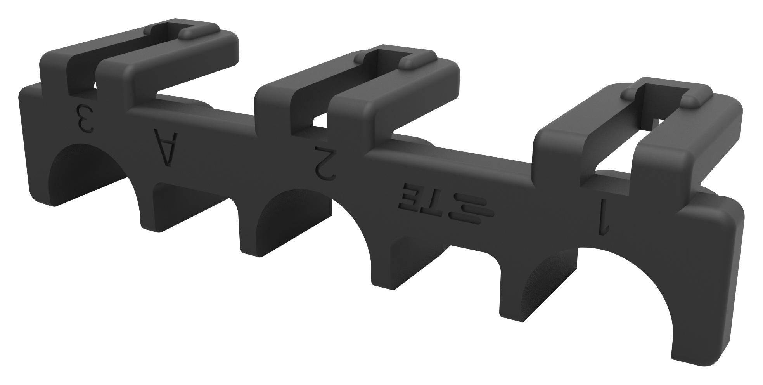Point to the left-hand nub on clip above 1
tap(630, 93)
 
